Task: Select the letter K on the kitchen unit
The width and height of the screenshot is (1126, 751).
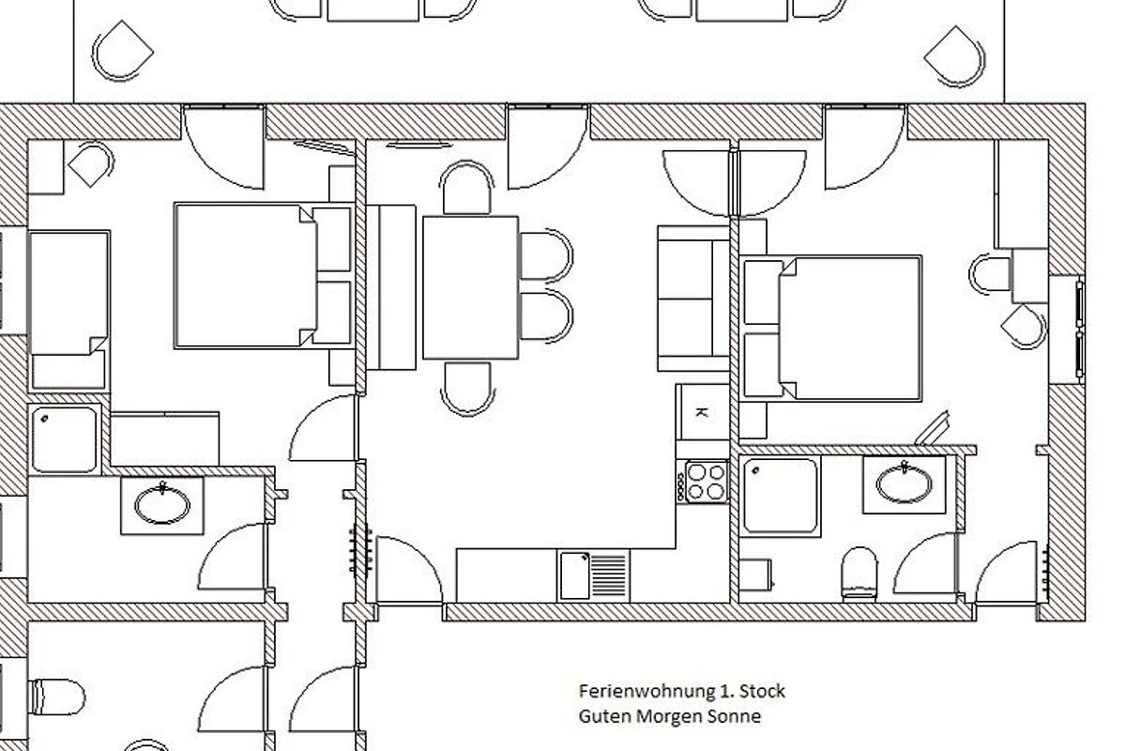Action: (x=701, y=413)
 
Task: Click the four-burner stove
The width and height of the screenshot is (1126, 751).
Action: (x=702, y=482)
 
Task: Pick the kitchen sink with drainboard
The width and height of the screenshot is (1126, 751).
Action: (x=594, y=575)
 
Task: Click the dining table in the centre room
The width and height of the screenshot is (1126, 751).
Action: (x=470, y=287)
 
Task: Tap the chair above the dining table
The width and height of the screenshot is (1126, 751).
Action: (x=466, y=187)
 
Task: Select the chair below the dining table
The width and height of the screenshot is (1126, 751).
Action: (x=467, y=389)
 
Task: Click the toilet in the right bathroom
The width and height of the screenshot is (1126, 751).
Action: (x=860, y=575)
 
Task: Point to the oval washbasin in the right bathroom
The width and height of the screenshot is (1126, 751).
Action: (x=904, y=483)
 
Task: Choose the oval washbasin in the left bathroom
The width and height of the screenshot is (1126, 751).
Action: (x=162, y=504)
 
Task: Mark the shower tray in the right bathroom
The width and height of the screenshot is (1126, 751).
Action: (x=780, y=496)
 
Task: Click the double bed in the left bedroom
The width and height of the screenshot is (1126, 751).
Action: (x=265, y=276)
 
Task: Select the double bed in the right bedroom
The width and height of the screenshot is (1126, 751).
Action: (x=831, y=329)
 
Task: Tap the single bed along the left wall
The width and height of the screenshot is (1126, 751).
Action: (x=69, y=312)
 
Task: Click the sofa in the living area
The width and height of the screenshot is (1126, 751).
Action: (x=693, y=299)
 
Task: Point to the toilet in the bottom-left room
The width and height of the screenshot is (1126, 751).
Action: (x=56, y=697)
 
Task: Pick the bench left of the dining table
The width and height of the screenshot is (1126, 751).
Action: (x=391, y=287)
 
